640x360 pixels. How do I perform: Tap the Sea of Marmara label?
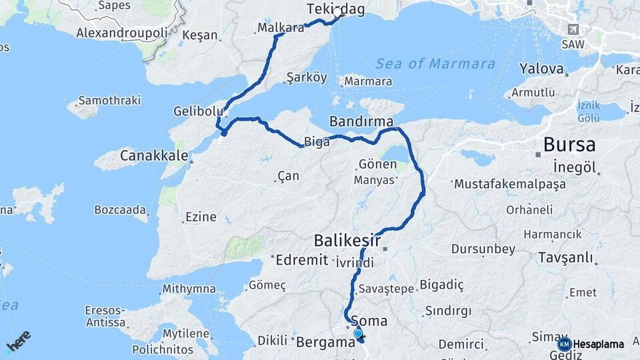pos(435,64)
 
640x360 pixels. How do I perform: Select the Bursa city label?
pos(569,144)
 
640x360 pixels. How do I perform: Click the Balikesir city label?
pos(347,240)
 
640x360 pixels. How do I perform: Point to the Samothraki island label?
pos(109,101)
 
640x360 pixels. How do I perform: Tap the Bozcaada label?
pos(120,209)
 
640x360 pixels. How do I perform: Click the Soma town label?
pos(373,321)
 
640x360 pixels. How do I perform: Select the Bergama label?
pos(325,343)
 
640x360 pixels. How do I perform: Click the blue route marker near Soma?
pos(358,333)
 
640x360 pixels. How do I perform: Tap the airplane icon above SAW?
pos(573,29)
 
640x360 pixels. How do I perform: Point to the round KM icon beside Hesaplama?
pos(564,344)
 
